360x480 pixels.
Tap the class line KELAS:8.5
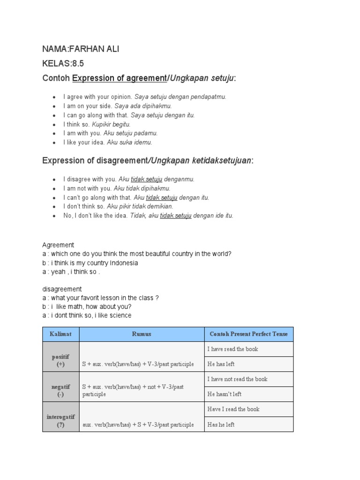(x=63, y=64)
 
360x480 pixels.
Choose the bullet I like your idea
(x=84, y=142)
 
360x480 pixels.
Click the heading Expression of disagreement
(x=94, y=161)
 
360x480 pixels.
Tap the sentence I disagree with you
(x=90, y=179)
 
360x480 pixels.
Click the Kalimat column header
(x=61, y=334)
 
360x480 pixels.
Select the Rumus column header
(x=142, y=334)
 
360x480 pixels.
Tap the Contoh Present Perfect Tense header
(x=248, y=334)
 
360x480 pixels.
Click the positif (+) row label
(x=61, y=360)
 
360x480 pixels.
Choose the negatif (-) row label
(x=61, y=390)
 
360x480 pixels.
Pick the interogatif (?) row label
(x=61, y=420)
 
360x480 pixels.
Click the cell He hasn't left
(x=225, y=394)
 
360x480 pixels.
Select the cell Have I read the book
(x=233, y=409)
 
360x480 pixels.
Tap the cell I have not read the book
(x=237, y=379)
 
